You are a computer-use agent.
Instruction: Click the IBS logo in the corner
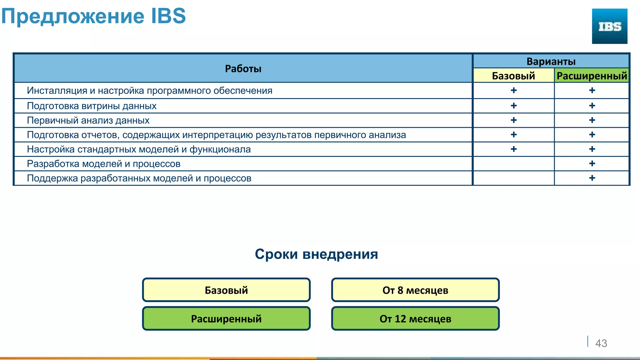609,26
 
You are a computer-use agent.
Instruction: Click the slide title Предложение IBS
93,16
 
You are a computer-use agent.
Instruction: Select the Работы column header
243,68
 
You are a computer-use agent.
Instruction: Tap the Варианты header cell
551,61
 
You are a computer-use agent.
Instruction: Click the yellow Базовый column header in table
513,76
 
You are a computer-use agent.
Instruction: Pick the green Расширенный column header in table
592,76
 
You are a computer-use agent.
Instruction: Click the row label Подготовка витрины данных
92,106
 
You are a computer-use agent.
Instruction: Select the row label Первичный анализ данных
88,120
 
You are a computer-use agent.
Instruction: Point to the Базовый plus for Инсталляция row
513,90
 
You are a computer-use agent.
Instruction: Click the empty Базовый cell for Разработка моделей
513,164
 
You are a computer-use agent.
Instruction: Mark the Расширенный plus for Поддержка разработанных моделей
592,178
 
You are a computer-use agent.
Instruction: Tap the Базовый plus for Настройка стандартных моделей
513,149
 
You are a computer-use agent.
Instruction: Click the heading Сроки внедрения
316,254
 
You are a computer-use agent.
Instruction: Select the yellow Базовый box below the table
226,290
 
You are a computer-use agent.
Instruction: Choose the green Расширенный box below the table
226,319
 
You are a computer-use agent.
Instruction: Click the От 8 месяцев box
415,290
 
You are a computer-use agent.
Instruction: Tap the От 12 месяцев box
415,319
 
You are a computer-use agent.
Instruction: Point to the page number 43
601,343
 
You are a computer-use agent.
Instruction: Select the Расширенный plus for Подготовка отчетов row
592,135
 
